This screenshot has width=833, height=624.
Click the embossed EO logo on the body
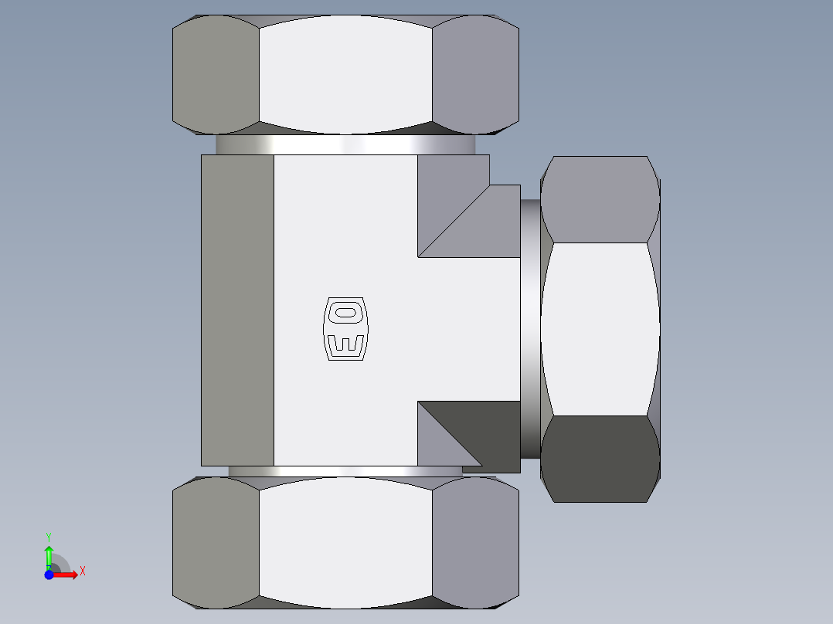click(345, 328)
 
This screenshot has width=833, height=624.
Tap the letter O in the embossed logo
click(345, 312)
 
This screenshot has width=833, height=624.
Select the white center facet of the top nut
click(345, 73)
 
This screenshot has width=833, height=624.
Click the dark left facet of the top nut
click(215, 73)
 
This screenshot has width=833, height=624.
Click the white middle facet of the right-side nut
click(600, 329)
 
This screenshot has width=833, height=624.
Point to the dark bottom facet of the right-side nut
click(600, 459)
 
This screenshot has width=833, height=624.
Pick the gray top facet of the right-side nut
click(600, 199)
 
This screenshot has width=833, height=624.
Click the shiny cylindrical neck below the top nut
click(345, 144)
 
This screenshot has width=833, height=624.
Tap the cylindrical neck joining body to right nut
click(529, 328)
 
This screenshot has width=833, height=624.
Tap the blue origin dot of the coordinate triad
click(49, 575)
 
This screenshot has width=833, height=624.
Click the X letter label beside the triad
click(82, 571)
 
